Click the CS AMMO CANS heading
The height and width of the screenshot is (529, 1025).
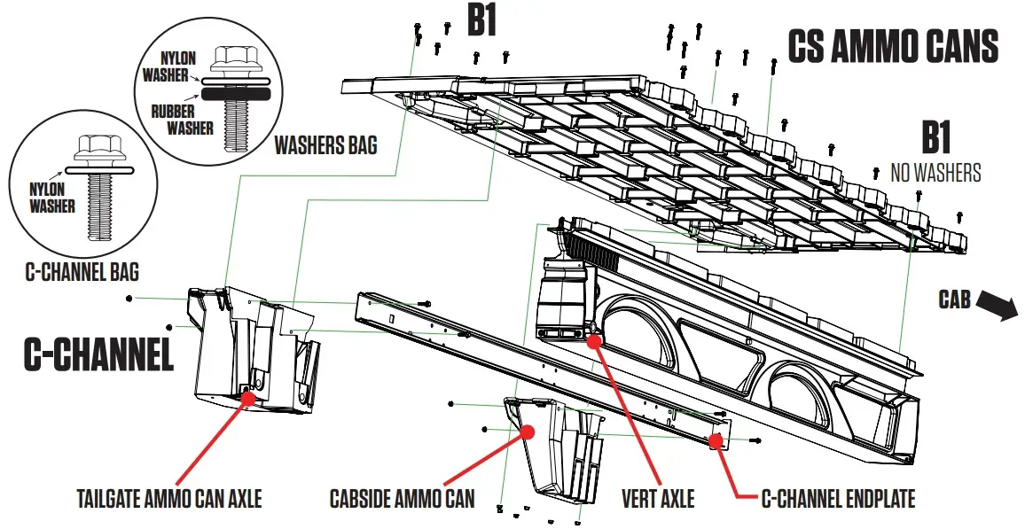893,45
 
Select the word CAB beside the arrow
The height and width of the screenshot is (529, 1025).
954,300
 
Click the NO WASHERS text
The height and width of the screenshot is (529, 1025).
935,173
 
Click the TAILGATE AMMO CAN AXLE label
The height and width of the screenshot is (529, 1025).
168,499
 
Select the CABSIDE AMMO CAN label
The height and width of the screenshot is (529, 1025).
402,499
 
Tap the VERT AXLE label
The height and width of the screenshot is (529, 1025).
658,499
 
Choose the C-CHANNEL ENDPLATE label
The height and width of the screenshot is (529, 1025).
838,499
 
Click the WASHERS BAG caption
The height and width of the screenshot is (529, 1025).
325,144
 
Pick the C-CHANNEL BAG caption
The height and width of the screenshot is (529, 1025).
81,271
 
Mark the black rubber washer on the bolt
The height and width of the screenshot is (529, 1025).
233,91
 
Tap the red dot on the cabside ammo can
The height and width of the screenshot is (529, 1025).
528,432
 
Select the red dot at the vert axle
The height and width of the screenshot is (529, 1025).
593,338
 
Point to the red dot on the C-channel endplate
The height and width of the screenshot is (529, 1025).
715,440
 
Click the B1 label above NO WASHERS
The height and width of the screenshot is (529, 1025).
935,140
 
